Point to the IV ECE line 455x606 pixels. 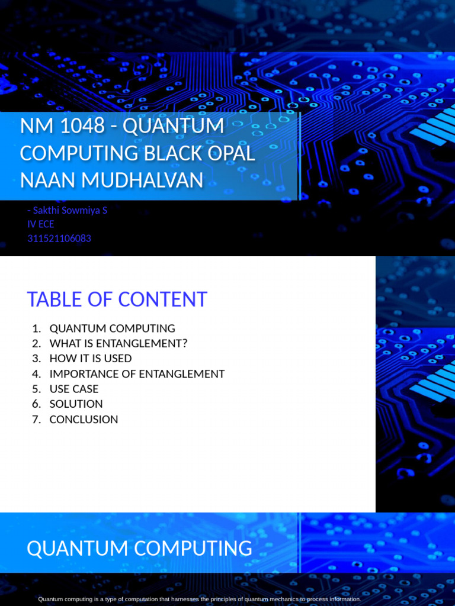tap(41, 224)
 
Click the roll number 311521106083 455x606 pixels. tap(59, 238)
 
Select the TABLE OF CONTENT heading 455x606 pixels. tap(117, 299)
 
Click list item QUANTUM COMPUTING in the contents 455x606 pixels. tap(112, 328)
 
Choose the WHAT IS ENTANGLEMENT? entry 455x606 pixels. tap(118, 344)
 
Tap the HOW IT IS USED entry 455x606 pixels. tap(91, 359)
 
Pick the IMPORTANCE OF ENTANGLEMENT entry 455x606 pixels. tap(137, 374)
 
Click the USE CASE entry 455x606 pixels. tap(74, 389)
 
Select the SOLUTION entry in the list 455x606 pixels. tap(76, 404)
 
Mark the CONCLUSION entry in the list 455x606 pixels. tap(84, 420)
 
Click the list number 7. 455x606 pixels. tap(37, 420)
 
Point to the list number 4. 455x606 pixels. tap(37, 374)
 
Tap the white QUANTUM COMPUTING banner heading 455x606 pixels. tap(139, 549)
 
